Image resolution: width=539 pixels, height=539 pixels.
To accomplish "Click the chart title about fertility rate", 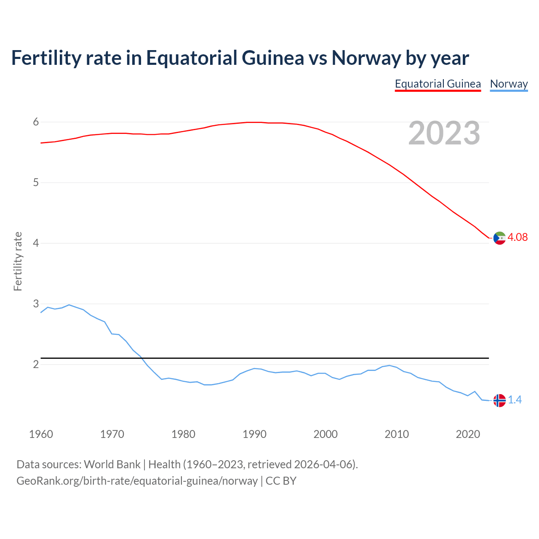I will point(240,58).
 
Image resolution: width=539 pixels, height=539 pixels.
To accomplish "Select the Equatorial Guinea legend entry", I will point(438,84).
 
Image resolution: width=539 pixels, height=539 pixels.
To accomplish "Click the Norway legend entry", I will point(509,84).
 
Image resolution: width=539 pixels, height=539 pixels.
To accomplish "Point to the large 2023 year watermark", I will point(444,133).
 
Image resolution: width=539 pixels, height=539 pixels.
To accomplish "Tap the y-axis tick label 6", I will point(36,122).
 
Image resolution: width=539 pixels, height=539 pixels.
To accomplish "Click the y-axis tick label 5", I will point(36,183).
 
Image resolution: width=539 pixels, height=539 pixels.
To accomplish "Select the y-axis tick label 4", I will point(36,243).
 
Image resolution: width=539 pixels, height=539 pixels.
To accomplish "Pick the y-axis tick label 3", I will point(36,304).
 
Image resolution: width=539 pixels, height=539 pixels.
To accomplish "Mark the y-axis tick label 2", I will point(36,364).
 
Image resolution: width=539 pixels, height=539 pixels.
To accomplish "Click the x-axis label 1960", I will point(41,434).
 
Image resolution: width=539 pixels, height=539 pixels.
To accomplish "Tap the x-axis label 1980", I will point(183,434).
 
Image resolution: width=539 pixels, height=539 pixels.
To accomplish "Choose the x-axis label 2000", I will point(326,434).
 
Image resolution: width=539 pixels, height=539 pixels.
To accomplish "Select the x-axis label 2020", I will point(468,434).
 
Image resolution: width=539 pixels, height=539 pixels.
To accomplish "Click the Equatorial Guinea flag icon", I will point(499,238).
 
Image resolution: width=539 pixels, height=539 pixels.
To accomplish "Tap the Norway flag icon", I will point(499,400).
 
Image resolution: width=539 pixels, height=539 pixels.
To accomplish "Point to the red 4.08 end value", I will point(518,237).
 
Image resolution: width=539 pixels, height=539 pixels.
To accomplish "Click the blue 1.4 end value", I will point(515,400).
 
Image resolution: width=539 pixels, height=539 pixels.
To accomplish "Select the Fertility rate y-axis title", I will point(18,261).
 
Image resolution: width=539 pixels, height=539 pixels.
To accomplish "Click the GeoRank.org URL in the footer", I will point(137,481).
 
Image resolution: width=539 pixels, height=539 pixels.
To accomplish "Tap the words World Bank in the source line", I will point(112,464).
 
